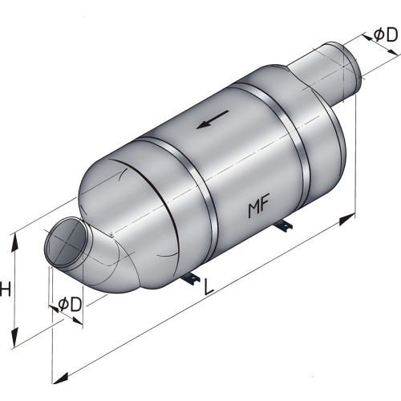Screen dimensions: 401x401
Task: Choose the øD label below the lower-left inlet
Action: (x=71, y=304)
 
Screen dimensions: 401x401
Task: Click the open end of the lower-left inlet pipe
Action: (x=64, y=245)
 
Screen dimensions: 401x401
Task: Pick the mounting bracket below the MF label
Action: (x=282, y=229)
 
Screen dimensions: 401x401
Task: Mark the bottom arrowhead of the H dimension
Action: (x=15, y=340)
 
